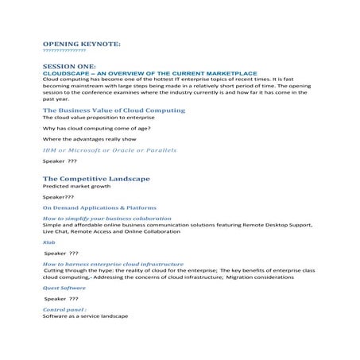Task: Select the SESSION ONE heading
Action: pyautogui.click(x=68, y=65)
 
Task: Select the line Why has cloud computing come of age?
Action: pyautogui.click(x=96, y=128)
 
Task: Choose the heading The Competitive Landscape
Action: pyautogui.click(x=96, y=179)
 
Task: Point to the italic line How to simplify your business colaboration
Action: pyautogui.click(x=106, y=217)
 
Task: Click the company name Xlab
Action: pyautogui.click(x=48, y=243)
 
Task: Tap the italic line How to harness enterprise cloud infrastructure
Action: pyautogui.click(x=113, y=263)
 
